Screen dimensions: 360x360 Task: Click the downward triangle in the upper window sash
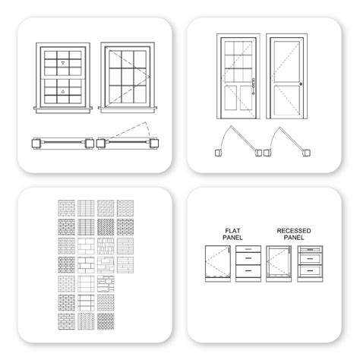65,60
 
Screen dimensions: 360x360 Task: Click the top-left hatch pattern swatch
65,207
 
